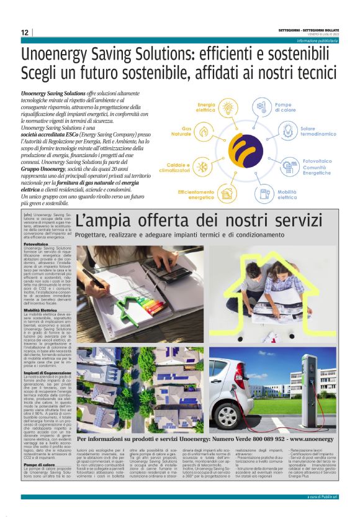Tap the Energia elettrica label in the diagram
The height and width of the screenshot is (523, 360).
click(x=205, y=107)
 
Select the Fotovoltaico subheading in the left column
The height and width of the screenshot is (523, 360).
click(x=35, y=244)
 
